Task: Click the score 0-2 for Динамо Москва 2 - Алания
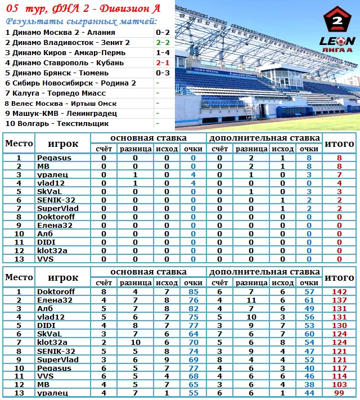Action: click(x=163, y=33)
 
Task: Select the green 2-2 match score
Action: click(x=163, y=42)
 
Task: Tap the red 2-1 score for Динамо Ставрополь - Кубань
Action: click(x=163, y=62)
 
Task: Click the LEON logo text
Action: click(x=337, y=41)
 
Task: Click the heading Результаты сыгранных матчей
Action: click(x=81, y=21)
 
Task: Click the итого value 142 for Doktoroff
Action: click(x=339, y=291)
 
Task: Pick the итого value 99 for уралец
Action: click(x=339, y=393)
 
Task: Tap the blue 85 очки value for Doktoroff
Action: click(x=193, y=291)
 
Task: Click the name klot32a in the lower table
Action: click(x=52, y=342)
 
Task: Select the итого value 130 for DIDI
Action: click(x=339, y=325)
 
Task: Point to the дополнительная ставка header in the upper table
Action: click(x=264, y=138)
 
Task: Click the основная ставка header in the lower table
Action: click(x=148, y=272)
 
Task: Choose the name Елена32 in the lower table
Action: click(x=55, y=300)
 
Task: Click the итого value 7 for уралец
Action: click(x=339, y=175)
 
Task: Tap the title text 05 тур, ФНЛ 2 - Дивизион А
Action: click(x=83, y=8)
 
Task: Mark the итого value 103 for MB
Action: click(x=339, y=384)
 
